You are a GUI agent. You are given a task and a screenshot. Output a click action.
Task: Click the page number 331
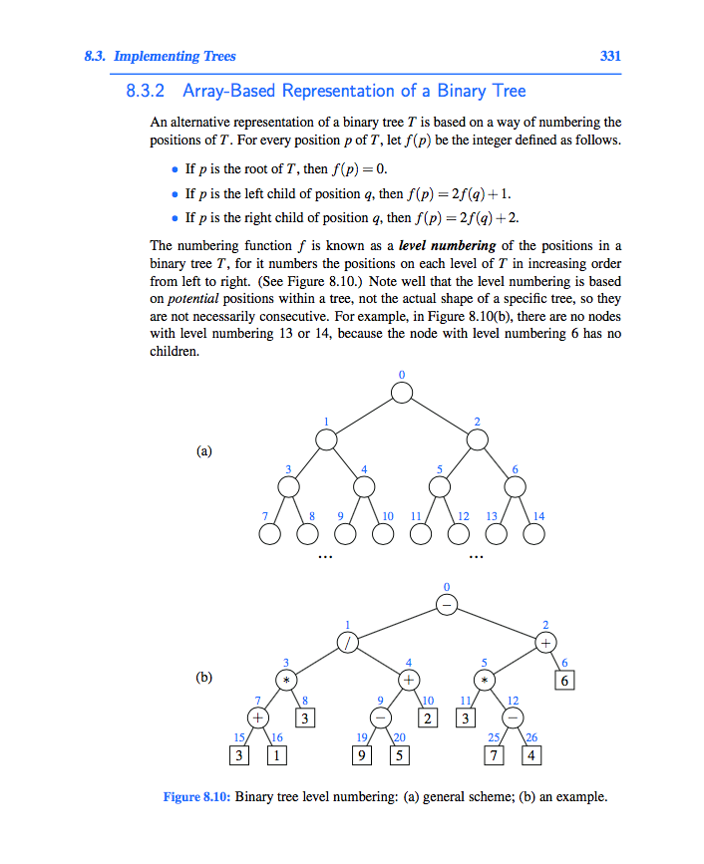click(x=609, y=57)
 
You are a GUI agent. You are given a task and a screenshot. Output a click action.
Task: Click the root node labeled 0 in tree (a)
click(x=401, y=392)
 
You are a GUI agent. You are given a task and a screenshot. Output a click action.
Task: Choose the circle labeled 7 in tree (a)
click(x=268, y=534)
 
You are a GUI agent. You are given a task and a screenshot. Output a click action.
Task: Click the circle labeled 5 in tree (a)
click(x=439, y=486)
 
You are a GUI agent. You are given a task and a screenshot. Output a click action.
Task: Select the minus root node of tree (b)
click(x=448, y=605)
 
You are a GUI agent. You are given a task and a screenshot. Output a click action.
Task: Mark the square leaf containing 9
click(x=365, y=755)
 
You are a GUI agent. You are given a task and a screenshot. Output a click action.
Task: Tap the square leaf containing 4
click(x=531, y=755)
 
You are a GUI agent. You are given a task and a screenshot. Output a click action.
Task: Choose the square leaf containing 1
click(x=274, y=755)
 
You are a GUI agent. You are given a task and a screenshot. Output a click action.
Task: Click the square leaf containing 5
click(x=399, y=755)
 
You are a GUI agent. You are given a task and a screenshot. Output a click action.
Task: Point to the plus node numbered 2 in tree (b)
click(x=545, y=643)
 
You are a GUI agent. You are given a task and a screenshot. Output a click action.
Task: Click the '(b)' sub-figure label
click(x=204, y=678)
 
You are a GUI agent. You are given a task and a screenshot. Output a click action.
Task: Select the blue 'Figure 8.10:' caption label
click(x=197, y=797)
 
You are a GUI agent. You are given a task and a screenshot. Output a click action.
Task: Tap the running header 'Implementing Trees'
click(x=176, y=57)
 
